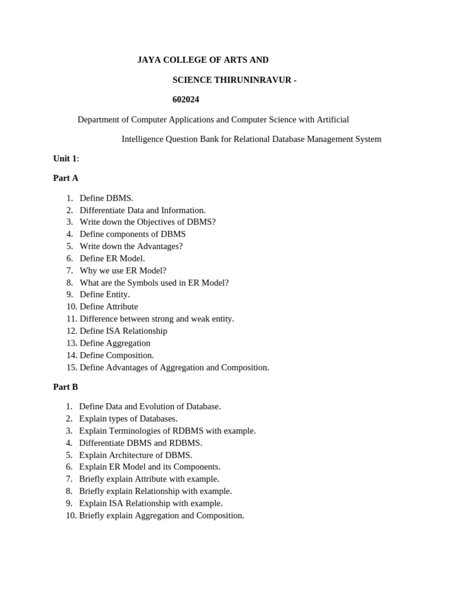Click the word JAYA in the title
pyautogui.click(x=148, y=60)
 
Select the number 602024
pyautogui.click(x=186, y=100)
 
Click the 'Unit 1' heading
pyautogui.click(x=65, y=158)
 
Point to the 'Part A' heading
pyautogui.click(x=65, y=178)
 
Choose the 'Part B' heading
pyautogui.click(x=65, y=387)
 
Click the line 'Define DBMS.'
pyautogui.click(x=107, y=198)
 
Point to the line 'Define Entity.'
pyautogui.click(x=105, y=294)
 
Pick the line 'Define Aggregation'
pyautogui.click(x=115, y=343)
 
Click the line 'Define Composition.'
pyautogui.click(x=117, y=355)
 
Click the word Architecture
pyautogui.click(x=132, y=455)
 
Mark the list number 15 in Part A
pyautogui.click(x=71, y=367)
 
